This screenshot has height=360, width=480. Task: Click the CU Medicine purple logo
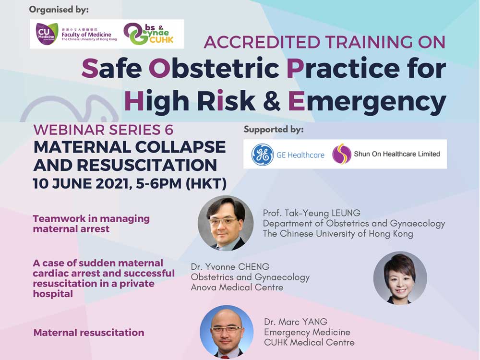tap(47, 34)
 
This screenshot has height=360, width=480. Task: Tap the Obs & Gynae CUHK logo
tap(148, 34)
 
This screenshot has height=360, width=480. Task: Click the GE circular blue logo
tap(263, 155)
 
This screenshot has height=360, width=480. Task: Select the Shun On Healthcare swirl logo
tap(342, 154)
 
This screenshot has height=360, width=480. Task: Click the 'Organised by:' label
tap(59, 10)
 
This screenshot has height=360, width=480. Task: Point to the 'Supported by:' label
tap(274, 130)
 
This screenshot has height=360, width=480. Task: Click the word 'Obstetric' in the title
tap(214, 68)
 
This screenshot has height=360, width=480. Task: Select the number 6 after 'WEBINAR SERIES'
tap(168, 130)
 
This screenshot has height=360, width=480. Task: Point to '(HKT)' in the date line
tap(206, 184)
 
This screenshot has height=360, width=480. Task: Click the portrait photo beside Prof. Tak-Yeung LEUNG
tap(226, 224)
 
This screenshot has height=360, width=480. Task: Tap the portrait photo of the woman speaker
tap(400, 278)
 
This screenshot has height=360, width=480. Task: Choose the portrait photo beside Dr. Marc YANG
tap(227, 332)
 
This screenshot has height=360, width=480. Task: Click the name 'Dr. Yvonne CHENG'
tap(230, 266)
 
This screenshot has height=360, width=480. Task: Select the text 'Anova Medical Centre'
tap(237, 288)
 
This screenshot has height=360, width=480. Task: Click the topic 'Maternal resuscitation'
tap(89, 333)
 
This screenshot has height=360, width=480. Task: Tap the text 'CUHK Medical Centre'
tap(309, 342)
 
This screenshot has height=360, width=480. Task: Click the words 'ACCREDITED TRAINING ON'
tap(324, 42)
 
